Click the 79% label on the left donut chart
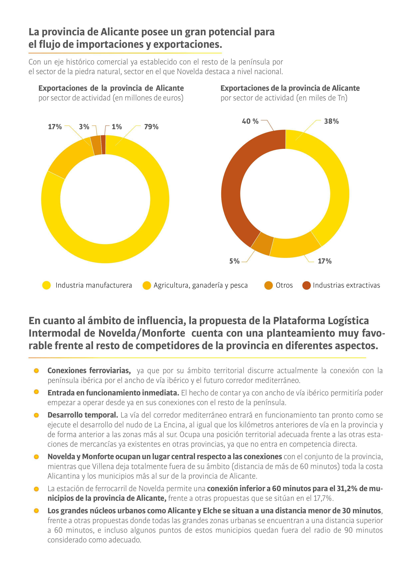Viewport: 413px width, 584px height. tap(151, 127)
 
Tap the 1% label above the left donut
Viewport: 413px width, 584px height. tap(117, 127)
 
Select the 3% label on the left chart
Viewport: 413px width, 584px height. tap(84, 127)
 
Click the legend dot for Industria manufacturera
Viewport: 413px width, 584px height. tap(47, 285)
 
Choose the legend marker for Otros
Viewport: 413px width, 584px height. tap(269, 285)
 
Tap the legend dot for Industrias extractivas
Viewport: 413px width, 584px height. tap(306, 285)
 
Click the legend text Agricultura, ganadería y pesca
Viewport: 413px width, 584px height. tap(201, 285)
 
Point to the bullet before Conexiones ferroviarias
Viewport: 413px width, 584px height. tap(36, 371)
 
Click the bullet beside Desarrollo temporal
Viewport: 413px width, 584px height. tap(36, 415)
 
